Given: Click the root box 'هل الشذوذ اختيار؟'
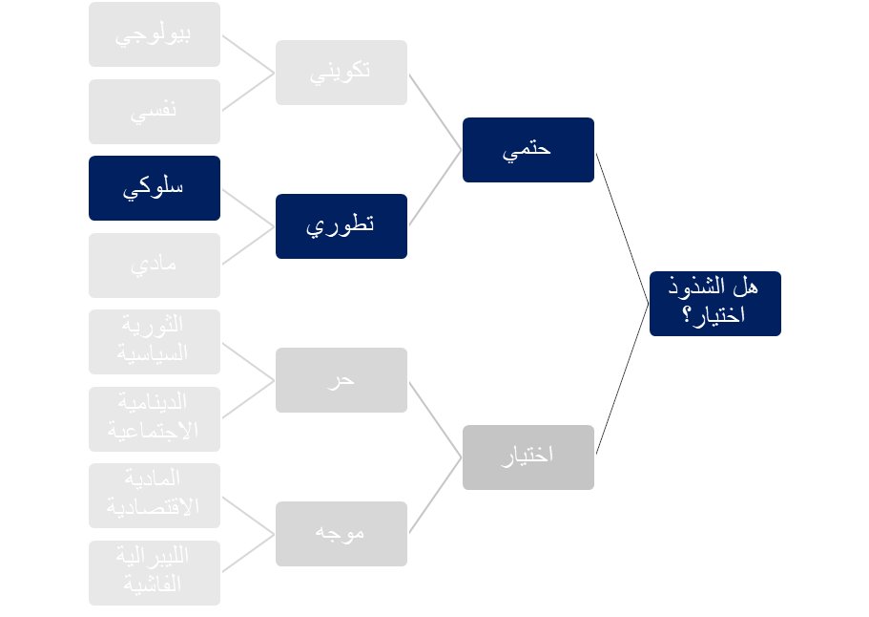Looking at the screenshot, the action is (x=714, y=303).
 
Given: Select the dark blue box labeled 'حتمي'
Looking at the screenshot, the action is (x=528, y=150).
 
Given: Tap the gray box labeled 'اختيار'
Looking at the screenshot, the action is (x=528, y=457).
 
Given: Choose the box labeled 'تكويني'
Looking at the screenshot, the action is (x=341, y=73).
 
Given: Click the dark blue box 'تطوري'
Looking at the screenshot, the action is (x=341, y=226).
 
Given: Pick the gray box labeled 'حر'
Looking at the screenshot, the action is (x=341, y=380).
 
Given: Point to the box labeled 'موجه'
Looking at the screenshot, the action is (x=341, y=534).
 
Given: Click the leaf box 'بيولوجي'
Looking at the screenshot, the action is (x=155, y=34).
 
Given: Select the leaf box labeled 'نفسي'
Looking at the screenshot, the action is (x=155, y=112).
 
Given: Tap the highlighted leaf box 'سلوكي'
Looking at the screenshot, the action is (x=155, y=188).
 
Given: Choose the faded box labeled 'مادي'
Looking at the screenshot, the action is (x=155, y=266).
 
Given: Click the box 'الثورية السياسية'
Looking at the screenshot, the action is (x=155, y=342).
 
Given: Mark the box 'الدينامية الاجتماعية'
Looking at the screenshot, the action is (x=155, y=419).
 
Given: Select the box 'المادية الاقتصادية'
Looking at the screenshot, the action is (x=155, y=496).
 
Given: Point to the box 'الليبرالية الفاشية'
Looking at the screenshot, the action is (x=155, y=573).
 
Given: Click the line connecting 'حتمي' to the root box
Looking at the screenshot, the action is (x=622, y=227).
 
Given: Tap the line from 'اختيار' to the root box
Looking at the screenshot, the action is (x=622, y=379).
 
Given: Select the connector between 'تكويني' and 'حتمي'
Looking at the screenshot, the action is (x=435, y=112).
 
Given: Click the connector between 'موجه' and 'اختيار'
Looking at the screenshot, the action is (x=435, y=495).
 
